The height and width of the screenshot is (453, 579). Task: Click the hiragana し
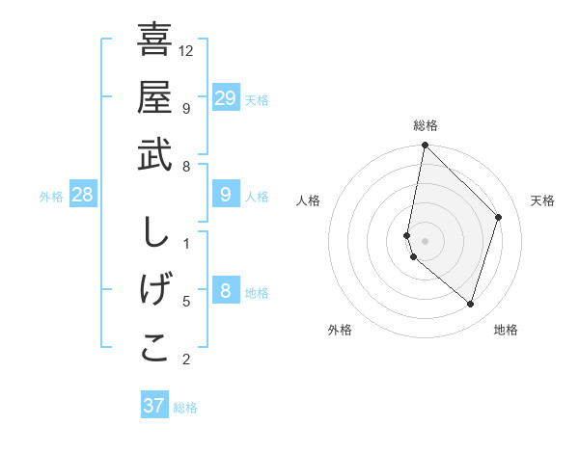pyautogui.click(x=154, y=233)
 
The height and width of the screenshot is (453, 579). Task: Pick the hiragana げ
pyautogui.click(x=154, y=290)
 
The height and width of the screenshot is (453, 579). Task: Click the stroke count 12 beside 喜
pyautogui.click(x=186, y=49)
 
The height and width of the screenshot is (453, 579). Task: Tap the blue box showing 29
pyautogui.click(x=225, y=97)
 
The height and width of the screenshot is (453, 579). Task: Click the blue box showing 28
pyautogui.click(x=83, y=196)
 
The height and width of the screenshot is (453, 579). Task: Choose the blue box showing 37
pyautogui.click(x=153, y=406)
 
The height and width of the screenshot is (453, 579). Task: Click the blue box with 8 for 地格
pyautogui.click(x=225, y=291)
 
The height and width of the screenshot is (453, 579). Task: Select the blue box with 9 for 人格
pyautogui.click(x=225, y=196)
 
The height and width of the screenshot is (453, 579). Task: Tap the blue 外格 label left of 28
pyautogui.click(x=51, y=197)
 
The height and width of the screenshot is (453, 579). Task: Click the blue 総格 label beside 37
pyautogui.click(x=185, y=408)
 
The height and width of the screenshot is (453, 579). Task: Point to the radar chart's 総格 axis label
pyautogui.click(x=426, y=125)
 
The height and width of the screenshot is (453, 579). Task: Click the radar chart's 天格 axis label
pyautogui.click(x=542, y=200)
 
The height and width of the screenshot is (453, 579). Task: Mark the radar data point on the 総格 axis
pyautogui.click(x=425, y=147)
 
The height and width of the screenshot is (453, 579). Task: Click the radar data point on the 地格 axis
pyautogui.click(x=470, y=304)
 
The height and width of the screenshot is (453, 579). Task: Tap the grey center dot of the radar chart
pyautogui.click(x=425, y=240)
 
